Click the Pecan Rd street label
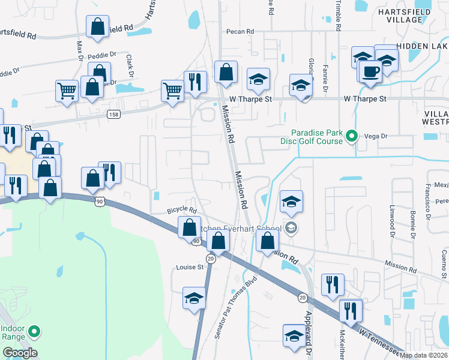(x=240, y=31)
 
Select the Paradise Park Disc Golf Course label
(x=315, y=137)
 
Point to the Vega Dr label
(x=377, y=137)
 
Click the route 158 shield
(x=113, y=113)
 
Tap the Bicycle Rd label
(x=182, y=211)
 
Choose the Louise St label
(x=190, y=267)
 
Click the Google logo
(x=20, y=353)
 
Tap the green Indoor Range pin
(x=35, y=331)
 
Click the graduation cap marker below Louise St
(x=194, y=299)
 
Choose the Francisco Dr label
(x=429, y=200)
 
